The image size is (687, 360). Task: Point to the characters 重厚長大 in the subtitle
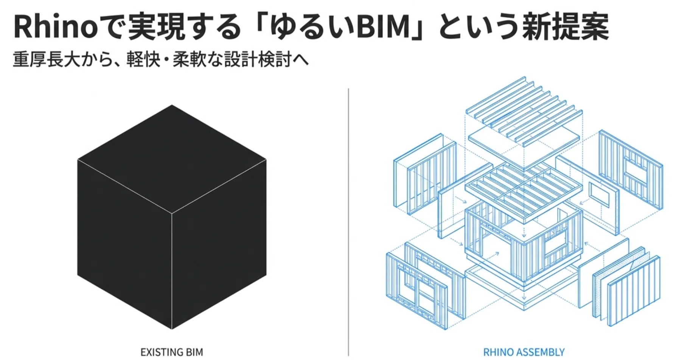[x=47, y=60]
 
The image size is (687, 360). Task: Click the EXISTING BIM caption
[x=172, y=352]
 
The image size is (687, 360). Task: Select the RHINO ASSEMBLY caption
[x=524, y=352]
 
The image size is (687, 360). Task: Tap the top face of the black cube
[x=172, y=159]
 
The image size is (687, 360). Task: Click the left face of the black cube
[x=124, y=242]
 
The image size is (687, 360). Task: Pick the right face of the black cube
[x=219, y=242]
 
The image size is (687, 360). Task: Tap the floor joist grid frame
[x=524, y=193]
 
